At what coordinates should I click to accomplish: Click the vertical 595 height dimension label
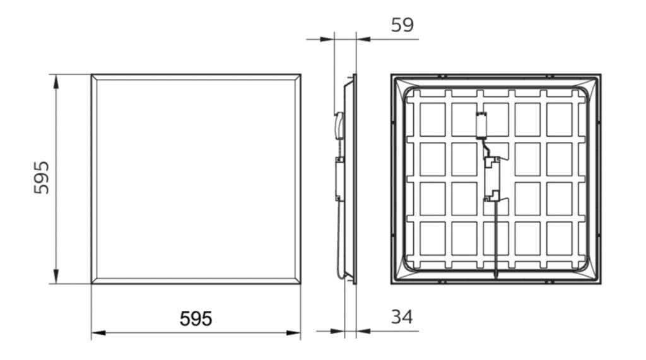pos(41,177)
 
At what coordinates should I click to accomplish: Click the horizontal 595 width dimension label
pos(196,319)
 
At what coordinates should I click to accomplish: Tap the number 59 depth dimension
pos(402,25)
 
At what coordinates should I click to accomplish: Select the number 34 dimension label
pos(401,317)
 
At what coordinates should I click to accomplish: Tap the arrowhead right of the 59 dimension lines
pos(361,39)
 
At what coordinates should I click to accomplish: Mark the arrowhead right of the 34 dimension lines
pos(361,330)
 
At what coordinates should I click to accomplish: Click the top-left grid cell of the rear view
pos(433,119)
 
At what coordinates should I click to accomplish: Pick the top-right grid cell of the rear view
pos(559,119)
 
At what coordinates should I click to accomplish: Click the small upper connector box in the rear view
pos(482,124)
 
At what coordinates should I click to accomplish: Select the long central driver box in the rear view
pos(492,178)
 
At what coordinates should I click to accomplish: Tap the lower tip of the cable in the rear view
pos(496,277)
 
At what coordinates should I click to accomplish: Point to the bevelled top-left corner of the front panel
pos(94,77)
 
